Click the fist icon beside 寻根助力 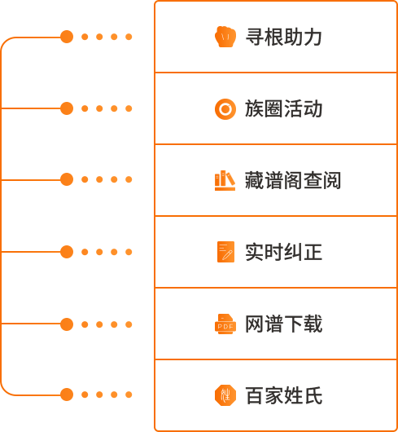click(x=225, y=37)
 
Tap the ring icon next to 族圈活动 click(x=225, y=109)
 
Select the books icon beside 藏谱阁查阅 click(x=225, y=180)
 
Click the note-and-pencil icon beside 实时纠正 click(x=225, y=252)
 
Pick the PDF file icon click(x=225, y=324)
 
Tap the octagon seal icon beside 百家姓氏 click(x=225, y=395)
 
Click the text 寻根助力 click(x=283, y=37)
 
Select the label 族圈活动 click(x=283, y=109)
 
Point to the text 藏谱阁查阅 click(x=293, y=180)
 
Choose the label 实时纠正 click(x=283, y=252)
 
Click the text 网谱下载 click(x=283, y=324)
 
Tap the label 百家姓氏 click(x=283, y=395)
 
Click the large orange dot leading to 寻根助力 click(x=67, y=37)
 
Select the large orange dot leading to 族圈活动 click(x=67, y=108)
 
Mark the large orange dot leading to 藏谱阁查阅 click(x=67, y=179)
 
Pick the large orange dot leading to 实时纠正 click(x=67, y=252)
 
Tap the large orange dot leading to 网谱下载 click(x=67, y=324)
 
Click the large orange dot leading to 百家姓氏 click(x=67, y=395)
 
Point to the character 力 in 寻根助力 click(x=313, y=37)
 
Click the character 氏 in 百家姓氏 click(x=313, y=395)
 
